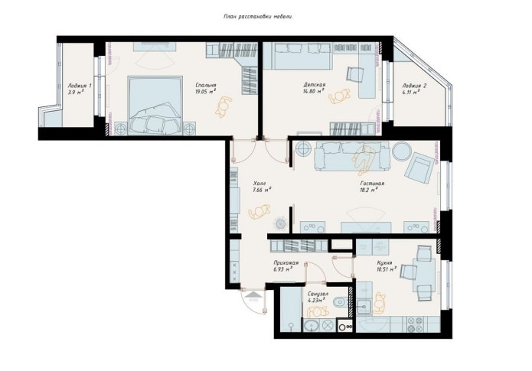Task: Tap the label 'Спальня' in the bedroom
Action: coord(205,85)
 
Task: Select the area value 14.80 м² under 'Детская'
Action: coord(313,91)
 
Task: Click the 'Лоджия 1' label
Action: coord(80,86)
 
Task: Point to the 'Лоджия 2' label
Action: coord(413,86)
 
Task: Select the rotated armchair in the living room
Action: coord(420,167)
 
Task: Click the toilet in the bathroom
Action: coord(339,303)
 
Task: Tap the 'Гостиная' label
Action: coord(373,184)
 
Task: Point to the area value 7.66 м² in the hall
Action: coord(262,190)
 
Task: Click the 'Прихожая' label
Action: coord(286,262)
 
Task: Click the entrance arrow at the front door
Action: coord(253,291)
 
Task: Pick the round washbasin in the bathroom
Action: coord(312,327)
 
